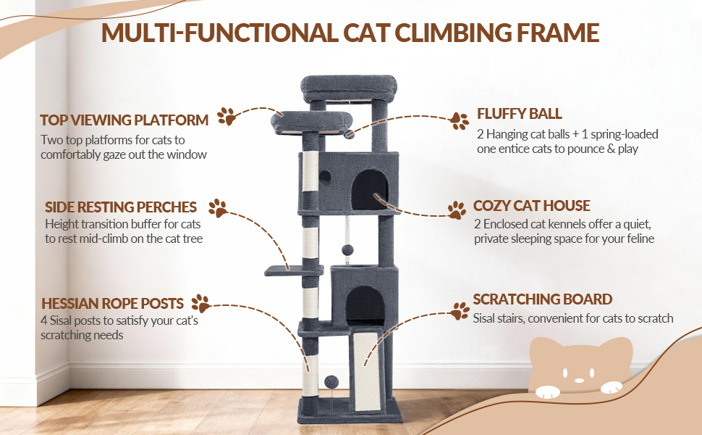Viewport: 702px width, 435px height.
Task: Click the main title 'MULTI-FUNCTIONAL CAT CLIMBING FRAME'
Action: pos(350,33)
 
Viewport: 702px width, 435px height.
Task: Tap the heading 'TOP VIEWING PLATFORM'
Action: pos(124,120)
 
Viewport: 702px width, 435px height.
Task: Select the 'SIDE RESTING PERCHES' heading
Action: pos(121,207)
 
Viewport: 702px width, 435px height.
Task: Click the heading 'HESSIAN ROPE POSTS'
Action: pos(112,304)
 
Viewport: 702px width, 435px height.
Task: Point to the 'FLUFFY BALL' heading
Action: pos(520,113)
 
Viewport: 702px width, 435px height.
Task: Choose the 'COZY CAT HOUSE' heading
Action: pos(531,205)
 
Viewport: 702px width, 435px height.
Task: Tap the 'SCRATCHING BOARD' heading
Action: pos(543,299)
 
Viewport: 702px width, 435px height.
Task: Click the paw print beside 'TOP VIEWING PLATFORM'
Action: pos(227,117)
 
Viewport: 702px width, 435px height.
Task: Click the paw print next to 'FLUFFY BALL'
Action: pos(460,121)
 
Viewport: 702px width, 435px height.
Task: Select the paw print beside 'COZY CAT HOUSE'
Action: pos(457,210)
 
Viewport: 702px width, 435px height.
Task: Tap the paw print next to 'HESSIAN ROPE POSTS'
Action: pos(201,304)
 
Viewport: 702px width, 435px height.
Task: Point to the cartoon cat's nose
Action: pos(579,381)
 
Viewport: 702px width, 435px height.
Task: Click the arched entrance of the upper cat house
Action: pos(369,190)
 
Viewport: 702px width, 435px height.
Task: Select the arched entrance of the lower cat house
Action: pos(365,306)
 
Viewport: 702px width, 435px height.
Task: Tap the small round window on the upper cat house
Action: pos(325,177)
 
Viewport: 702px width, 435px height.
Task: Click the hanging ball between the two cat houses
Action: pos(347,250)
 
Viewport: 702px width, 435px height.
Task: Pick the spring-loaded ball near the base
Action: pos(332,382)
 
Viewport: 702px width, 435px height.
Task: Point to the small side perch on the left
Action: pos(294,270)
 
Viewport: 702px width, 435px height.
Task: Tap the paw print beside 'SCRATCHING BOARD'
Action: pos(460,311)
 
